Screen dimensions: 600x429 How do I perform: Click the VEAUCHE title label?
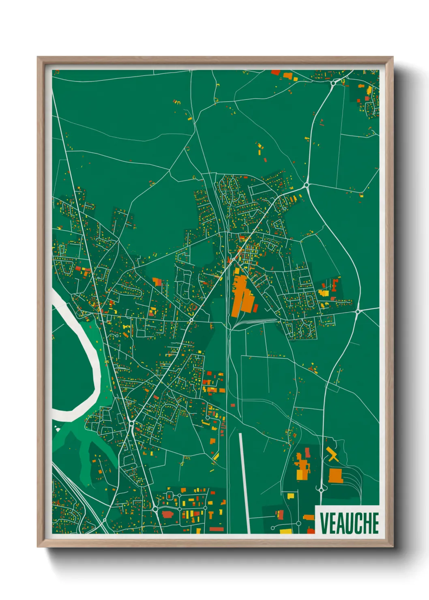(349, 523)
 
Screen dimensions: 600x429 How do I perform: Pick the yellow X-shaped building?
(332, 454)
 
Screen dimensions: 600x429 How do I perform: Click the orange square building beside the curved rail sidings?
(335, 475)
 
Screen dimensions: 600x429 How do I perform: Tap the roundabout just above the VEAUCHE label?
(322, 490)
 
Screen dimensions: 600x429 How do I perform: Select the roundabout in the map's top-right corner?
(333, 83)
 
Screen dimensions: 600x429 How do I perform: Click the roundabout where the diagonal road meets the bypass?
(306, 185)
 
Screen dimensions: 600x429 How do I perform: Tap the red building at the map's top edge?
(275, 73)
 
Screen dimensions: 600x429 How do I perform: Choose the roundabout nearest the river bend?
(132, 423)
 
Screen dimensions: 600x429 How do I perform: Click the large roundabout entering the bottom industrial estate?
(155, 508)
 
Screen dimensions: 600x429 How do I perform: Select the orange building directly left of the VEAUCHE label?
(309, 517)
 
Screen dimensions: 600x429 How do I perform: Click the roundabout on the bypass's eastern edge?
(358, 311)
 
